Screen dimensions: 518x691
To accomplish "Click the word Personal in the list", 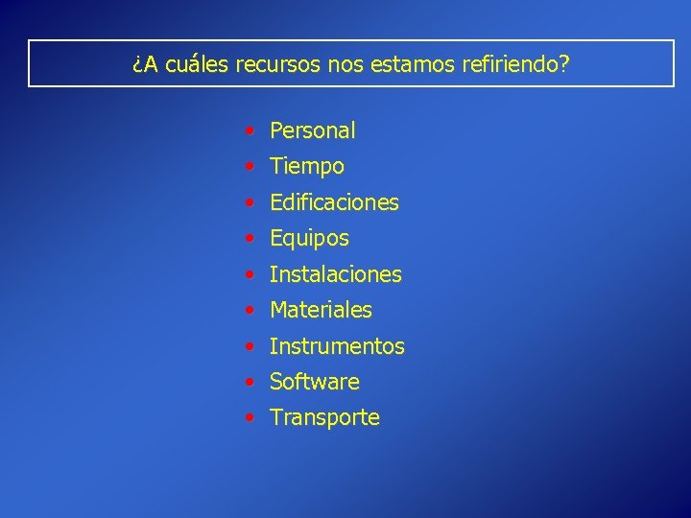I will pos(312,130).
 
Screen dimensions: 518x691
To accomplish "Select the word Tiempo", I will pos(306,167).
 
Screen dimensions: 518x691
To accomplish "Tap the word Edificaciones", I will pos(334,202).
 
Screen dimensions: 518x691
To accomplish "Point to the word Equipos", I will pos(309,239).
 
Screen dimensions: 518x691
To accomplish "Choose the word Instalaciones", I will pos(335,274).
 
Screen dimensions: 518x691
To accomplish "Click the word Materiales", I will pos(321,310).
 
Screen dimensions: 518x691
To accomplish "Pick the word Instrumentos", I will pos(337,346).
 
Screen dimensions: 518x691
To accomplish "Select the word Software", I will pos(314,382).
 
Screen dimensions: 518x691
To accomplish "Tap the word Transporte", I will pos(324,418).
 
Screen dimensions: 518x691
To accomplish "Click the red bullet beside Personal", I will pos(250,129).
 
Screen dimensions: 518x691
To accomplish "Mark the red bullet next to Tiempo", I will pos(250,165).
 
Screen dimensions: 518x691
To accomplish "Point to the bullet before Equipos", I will pos(250,237).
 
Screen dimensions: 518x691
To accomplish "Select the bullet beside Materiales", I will pos(250,309).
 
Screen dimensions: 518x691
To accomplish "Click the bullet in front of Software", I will pos(250,381).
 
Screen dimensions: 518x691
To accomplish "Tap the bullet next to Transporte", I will pos(250,417).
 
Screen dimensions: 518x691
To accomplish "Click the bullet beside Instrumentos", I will pos(250,345).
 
